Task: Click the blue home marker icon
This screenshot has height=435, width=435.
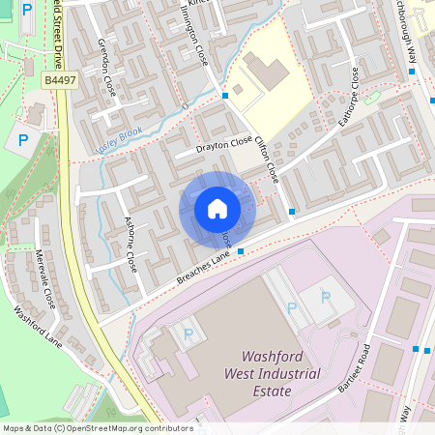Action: (217, 209)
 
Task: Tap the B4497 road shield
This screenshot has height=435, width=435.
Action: (60, 83)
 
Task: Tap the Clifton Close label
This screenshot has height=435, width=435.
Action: (267, 159)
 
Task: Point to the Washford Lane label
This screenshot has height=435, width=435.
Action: (38, 328)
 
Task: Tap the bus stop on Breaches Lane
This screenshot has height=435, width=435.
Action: (241, 251)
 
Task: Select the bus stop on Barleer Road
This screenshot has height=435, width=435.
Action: (416, 348)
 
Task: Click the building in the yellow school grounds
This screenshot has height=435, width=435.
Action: (264, 71)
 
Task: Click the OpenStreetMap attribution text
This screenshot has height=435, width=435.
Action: (98, 428)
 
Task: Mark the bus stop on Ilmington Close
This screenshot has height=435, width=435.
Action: (225, 96)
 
